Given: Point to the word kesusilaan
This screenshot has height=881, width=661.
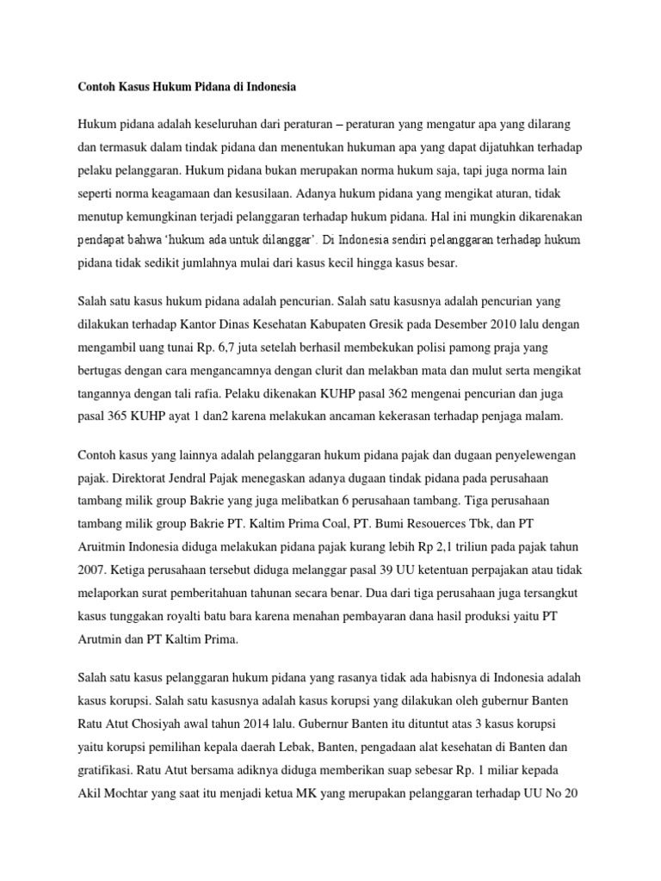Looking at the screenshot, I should click(274, 194).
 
